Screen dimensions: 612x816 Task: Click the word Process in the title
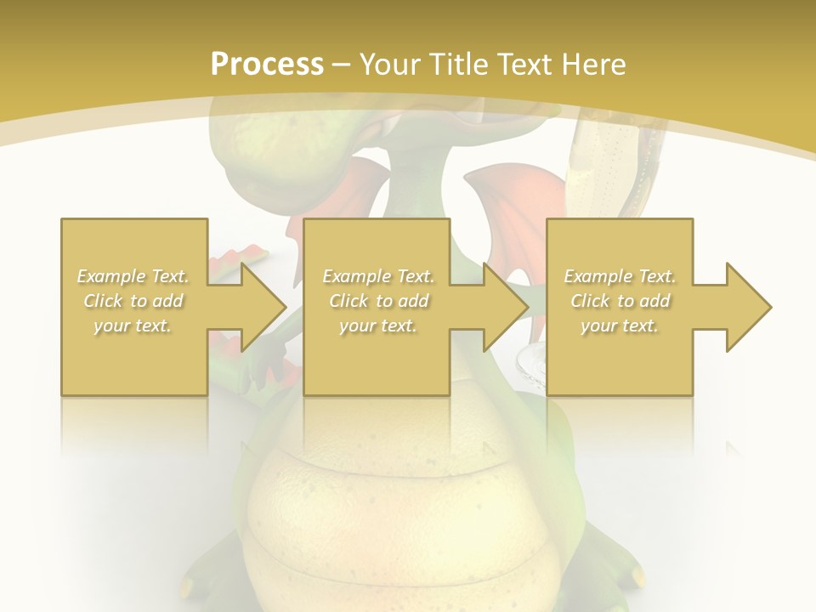267,65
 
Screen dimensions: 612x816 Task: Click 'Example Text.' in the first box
133,276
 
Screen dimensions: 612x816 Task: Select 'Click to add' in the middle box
378,301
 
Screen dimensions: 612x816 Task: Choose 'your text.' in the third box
620,326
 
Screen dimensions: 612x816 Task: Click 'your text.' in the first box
133,326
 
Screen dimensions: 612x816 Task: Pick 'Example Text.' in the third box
620,276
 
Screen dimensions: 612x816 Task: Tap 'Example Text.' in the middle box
378,276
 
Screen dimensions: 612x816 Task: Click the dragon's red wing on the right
510,204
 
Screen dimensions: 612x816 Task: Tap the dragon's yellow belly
399,510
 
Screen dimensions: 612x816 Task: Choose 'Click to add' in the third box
620,301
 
